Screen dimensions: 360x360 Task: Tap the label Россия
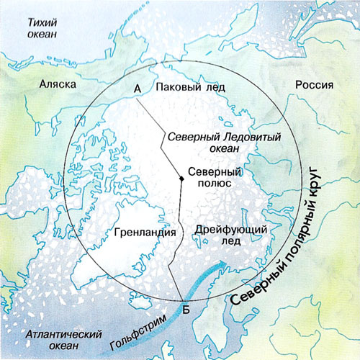point(314,84)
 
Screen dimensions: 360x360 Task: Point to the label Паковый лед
point(190,87)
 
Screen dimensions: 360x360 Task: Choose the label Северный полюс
point(214,179)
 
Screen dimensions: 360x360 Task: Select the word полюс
point(214,185)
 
